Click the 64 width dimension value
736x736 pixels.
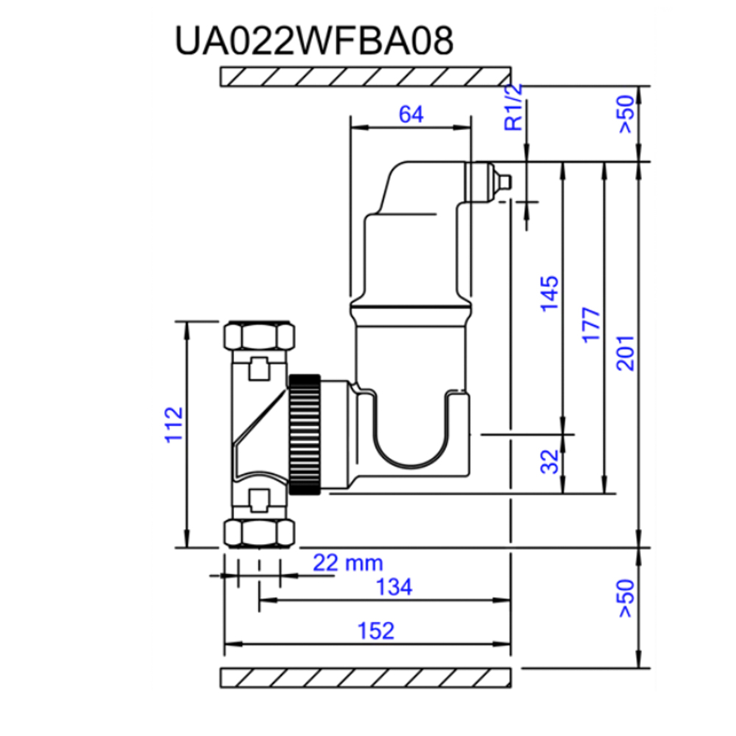pos(411,115)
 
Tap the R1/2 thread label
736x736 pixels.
pos(514,107)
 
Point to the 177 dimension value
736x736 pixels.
pos(592,325)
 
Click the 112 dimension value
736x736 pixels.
pos(174,425)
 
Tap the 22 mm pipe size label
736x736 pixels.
pos(348,564)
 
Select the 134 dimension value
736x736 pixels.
pos(394,588)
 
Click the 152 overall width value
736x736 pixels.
pos(376,631)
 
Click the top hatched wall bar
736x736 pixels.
pos(366,76)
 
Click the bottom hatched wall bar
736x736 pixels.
pos(366,678)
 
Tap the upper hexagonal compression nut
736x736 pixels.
pos(261,336)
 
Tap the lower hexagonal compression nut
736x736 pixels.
pos(261,533)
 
